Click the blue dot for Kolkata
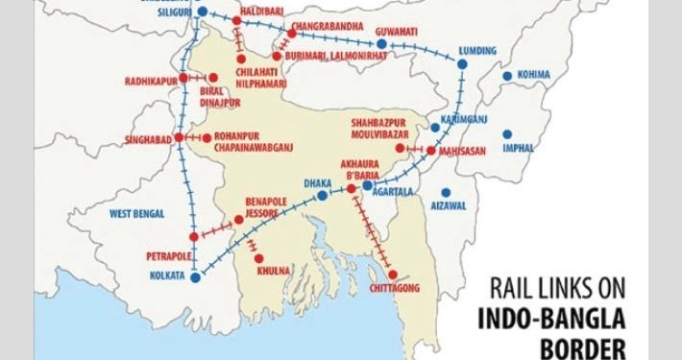click(x=195, y=276)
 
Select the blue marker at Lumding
click(x=462, y=64)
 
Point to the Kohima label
click(x=534, y=74)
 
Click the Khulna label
click(x=273, y=272)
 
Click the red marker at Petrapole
click(x=193, y=236)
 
